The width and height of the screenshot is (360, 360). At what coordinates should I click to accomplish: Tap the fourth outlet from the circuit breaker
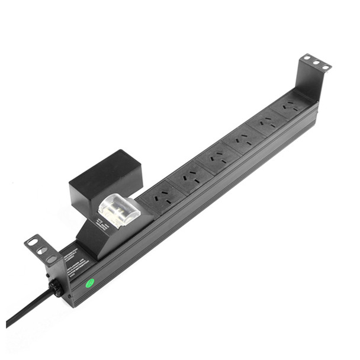tap(242, 141)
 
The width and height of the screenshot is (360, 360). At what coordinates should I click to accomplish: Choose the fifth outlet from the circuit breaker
tap(266, 124)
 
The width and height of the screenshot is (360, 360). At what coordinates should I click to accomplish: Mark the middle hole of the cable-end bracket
tap(41, 250)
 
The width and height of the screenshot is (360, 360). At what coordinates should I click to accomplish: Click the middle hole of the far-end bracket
tap(316, 62)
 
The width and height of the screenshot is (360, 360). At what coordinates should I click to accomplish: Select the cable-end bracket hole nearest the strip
tap(51, 259)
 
